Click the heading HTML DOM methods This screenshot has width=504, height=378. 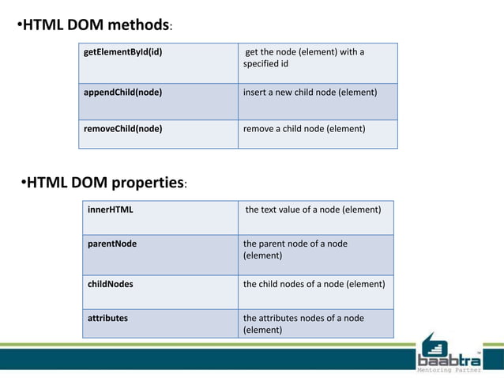click(95, 24)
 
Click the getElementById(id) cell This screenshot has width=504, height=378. click(128, 53)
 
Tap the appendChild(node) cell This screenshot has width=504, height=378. click(123, 93)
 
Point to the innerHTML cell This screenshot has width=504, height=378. click(111, 210)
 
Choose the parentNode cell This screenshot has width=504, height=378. click(112, 244)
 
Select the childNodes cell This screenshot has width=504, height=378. click(110, 284)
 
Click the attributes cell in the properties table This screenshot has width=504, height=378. click(107, 318)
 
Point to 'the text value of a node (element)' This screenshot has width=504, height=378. click(314, 210)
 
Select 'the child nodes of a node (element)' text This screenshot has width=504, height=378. click(314, 284)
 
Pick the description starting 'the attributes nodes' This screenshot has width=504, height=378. click(303, 318)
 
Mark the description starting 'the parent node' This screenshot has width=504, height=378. click(295, 244)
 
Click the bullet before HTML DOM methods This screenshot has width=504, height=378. click(19, 25)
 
